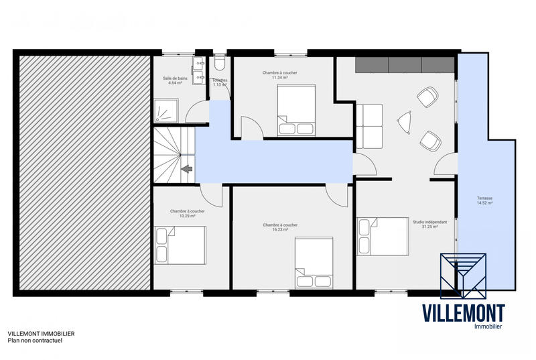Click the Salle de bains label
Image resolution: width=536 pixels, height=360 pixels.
tap(175, 80)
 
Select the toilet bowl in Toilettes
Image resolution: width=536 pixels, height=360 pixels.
tap(220, 64)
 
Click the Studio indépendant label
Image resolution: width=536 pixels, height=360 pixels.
tap(425, 225)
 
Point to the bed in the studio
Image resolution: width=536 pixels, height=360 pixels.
tap(383, 235)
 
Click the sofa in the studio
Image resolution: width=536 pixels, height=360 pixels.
tap(368, 125)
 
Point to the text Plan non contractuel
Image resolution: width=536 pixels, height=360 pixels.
tap(35, 341)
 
